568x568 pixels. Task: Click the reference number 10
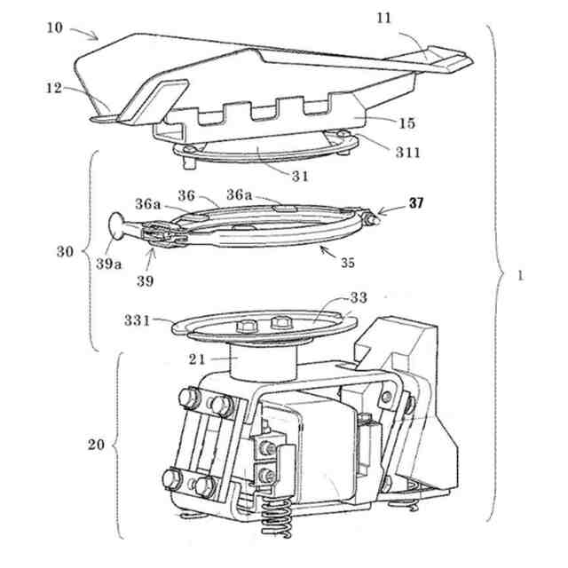point(56,28)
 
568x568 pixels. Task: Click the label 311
point(407,153)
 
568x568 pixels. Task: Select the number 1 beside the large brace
point(520,274)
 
